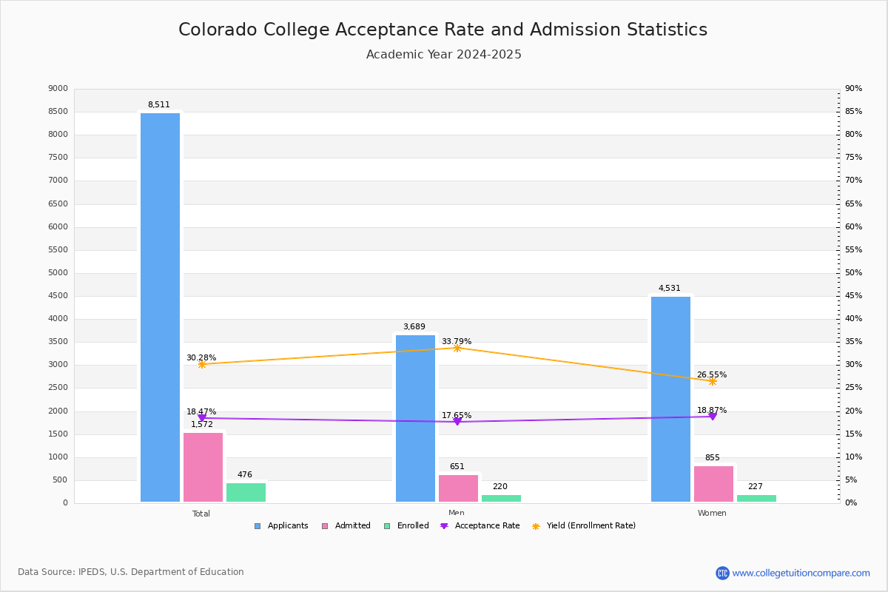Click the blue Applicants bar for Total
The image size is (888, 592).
click(160, 307)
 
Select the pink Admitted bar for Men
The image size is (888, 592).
click(458, 488)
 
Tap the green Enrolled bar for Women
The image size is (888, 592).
click(756, 498)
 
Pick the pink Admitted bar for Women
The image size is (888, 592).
click(713, 484)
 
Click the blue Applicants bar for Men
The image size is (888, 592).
click(415, 418)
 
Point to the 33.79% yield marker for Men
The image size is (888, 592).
click(457, 348)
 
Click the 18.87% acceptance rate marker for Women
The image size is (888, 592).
click(713, 417)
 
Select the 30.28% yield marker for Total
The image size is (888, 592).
click(201, 364)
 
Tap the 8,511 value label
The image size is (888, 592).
click(158, 105)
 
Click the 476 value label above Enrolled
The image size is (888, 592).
click(245, 475)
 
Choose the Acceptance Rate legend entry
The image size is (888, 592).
click(480, 526)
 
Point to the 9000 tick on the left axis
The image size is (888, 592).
click(58, 89)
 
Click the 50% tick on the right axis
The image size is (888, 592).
click(853, 273)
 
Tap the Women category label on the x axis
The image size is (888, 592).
click(712, 514)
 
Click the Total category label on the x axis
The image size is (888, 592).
click(201, 514)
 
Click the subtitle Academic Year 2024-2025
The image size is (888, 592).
click(444, 55)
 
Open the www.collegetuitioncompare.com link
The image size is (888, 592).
click(801, 573)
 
